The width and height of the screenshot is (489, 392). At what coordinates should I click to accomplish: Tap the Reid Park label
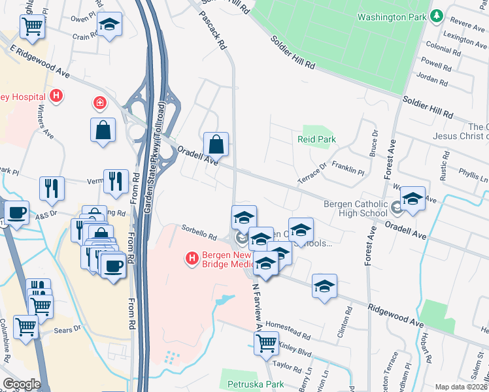pos(316,140)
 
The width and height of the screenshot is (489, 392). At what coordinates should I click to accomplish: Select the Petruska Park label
pos(256,384)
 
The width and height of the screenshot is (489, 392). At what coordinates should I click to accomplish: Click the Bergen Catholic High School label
pos(357,209)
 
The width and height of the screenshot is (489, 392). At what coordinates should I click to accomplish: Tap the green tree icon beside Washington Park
pos(436,16)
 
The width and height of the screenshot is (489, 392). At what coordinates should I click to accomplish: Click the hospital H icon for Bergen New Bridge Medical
pos(192,259)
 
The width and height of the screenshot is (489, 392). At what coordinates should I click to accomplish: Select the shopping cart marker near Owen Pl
pos(31,26)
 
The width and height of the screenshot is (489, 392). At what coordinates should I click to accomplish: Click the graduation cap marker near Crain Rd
pos(109,25)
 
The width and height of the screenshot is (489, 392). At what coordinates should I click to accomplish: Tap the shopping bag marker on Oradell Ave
pos(216,144)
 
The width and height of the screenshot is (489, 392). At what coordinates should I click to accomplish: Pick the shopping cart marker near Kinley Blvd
pos(266,342)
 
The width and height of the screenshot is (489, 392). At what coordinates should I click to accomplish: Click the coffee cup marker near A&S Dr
pos(16,212)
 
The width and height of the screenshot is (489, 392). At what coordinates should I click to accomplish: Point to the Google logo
pos(22,384)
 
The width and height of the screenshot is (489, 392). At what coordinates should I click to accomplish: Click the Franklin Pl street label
pos(348,169)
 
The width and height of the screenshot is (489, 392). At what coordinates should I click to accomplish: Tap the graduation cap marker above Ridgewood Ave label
pos(324,286)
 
